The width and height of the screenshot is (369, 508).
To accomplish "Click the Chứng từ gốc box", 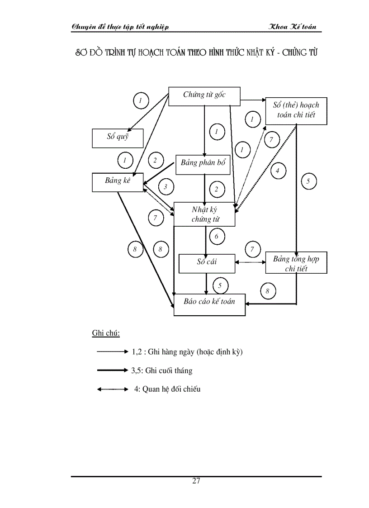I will coord(204,96).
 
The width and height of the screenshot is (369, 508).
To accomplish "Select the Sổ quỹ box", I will coord(118,138).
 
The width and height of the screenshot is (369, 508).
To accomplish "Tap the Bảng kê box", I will coord(118,182).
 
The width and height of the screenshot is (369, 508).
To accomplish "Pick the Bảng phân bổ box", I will coord(203,163).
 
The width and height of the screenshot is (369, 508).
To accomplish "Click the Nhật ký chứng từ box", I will coord(205,214).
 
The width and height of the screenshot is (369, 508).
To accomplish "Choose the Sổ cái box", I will coord(207,263).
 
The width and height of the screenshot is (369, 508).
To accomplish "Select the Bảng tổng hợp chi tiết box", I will coord(296,263).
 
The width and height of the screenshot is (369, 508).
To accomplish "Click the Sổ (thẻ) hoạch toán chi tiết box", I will coord(296,110).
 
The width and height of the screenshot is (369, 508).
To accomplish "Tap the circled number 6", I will coord(217,236).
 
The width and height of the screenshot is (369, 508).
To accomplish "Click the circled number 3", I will coord(166,186).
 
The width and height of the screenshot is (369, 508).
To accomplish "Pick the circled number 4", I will coord(278,171).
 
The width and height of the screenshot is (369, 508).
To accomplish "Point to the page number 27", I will coord(196,481).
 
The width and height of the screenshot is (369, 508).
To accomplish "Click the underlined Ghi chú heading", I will coord(106,333).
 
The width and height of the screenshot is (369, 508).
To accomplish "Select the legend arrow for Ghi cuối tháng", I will coord(113,370).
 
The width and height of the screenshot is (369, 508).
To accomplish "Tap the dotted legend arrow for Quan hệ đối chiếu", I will coord(113,389).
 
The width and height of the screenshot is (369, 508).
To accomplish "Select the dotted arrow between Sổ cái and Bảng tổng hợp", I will coord(250,262).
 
